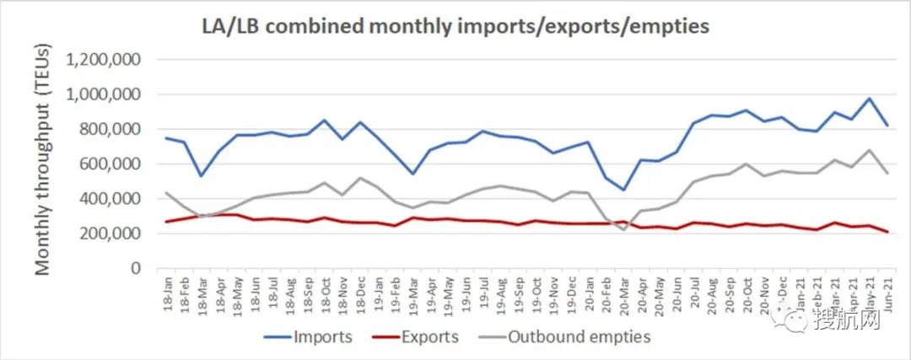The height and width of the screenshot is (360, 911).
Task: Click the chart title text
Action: pyautogui.click(x=455, y=26)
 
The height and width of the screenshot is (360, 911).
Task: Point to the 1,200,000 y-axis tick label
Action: pyautogui.click(x=106, y=60)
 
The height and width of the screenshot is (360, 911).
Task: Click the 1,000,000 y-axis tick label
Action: pyautogui.click(x=106, y=94)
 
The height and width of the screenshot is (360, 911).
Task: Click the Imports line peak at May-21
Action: pyautogui.click(x=870, y=99)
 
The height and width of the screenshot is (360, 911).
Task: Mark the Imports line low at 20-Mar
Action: pyautogui.click(x=624, y=190)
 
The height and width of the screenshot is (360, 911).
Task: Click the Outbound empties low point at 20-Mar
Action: pyautogui.click(x=624, y=229)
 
